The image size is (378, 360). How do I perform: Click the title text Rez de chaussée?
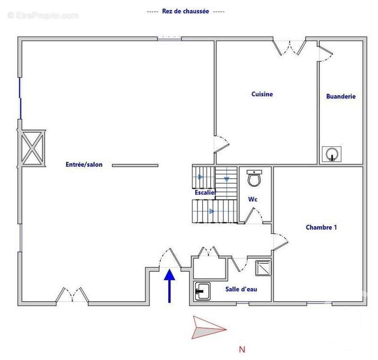pos(186,12)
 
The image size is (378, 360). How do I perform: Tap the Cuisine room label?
pos(262,94)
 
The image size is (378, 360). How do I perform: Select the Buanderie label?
pos(341,96)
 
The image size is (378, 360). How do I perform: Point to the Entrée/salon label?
pos(84,165)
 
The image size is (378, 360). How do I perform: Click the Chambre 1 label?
pos(321,228)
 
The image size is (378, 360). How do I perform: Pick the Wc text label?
pos(253,199)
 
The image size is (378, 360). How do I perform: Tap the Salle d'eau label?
pos(241,289)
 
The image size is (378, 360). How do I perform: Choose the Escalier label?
pos(205,193)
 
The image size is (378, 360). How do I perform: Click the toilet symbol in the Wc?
pos(255,179)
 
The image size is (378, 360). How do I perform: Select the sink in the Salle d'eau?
pos(202,292)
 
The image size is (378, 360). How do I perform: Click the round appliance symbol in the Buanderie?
pos(333,154)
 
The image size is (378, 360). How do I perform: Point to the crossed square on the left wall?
pos(32,148)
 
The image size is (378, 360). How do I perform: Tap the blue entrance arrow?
pos(170,285)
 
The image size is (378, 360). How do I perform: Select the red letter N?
pos(242,349)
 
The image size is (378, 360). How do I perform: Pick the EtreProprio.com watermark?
pos(43,15)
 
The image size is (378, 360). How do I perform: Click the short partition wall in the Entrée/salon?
pos(135,166)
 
